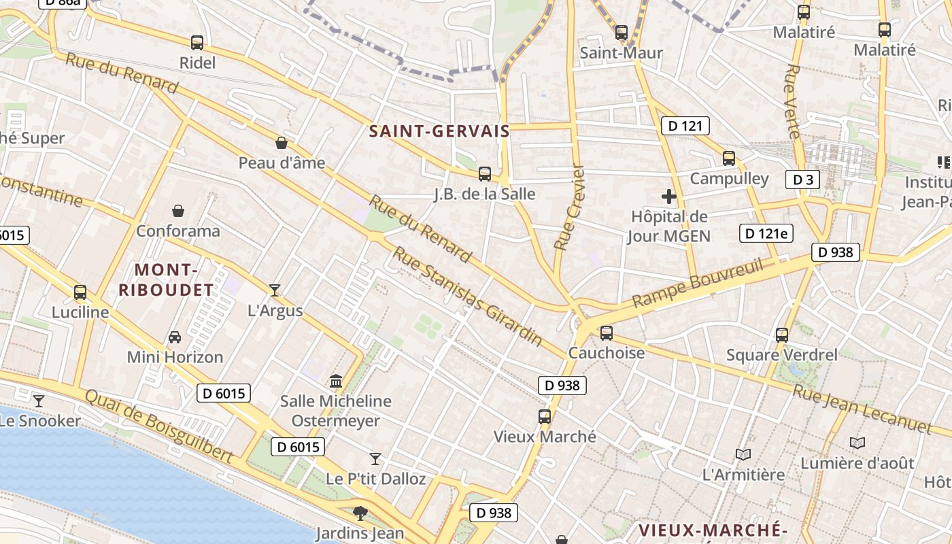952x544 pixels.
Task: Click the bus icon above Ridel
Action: [x=197, y=43]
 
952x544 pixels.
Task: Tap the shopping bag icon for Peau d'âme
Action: [x=282, y=143]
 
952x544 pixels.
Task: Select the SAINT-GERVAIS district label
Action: [x=439, y=131]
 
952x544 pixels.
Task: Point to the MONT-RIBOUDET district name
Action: [x=166, y=280]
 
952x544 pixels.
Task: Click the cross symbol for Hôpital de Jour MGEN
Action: [x=669, y=197]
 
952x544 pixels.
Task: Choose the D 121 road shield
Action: [x=685, y=126]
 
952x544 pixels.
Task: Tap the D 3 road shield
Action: [x=802, y=180]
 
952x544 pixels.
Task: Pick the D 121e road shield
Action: [x=766, y=234]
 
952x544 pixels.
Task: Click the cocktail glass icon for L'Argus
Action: [x=275, y=290]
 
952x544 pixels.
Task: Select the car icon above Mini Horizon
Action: [x=175, y=337]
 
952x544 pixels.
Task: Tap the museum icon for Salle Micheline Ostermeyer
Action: [x=336, y=381]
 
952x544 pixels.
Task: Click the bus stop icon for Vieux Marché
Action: [x=545, y=417]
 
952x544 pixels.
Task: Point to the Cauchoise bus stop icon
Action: [x=607, y=333]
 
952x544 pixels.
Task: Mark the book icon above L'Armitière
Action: [x=743, y=454]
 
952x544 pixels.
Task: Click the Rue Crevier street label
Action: [x=570, y=207]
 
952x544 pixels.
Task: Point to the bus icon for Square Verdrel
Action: [x=782, y=335]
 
